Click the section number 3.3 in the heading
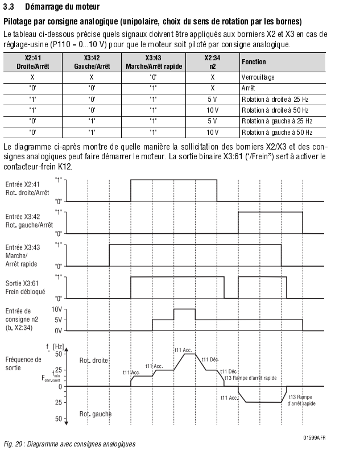click(x=10, y=7)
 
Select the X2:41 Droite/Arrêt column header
click(x=32, y=61)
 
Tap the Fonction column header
click(x=254, y=61)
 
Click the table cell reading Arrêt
click(x=248, y=88)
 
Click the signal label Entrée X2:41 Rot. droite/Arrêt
click(x=27, y=188)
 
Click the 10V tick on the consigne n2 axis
click(x=57, y=309)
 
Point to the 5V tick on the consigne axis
click(x=58, y=320)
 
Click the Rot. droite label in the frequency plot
click(x=94, y=360)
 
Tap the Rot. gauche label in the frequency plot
click(x=96, y=413)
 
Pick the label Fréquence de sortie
click(x=23, y=363)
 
